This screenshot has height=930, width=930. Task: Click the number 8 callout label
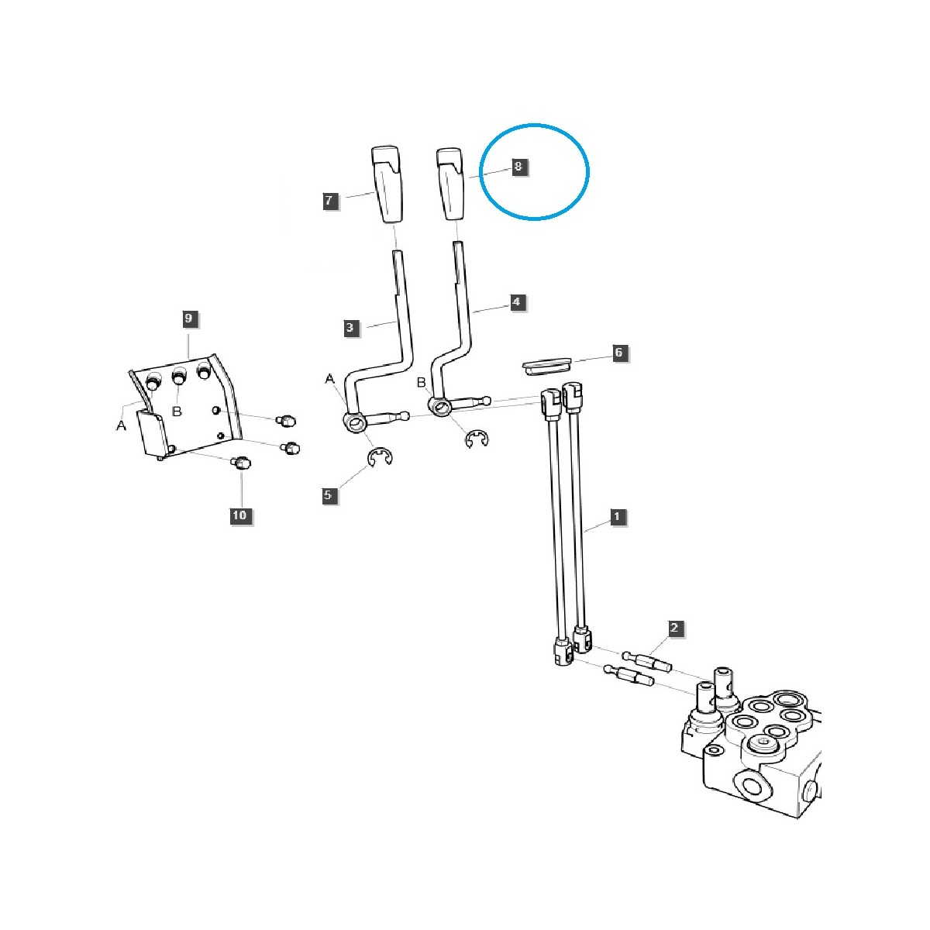[518, 167]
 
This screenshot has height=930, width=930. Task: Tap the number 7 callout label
[329, 201]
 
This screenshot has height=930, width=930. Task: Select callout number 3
[350, 328]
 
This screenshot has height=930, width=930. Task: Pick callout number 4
[517, 302]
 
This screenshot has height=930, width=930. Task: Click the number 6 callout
[618, 353]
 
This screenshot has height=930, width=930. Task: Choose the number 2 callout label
[674, 629]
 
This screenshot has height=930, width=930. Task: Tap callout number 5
[329, 494]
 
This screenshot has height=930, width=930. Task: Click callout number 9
[188, 318]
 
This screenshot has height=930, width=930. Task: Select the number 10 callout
[240, 515]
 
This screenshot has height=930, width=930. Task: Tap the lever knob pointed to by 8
[450, 184]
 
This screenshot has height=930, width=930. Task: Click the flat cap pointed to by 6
[546, 365]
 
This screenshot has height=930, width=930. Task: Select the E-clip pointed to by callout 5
[381, 459]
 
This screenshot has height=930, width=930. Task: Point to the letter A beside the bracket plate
[121, 426]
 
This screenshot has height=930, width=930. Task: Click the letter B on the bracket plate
[176, 412]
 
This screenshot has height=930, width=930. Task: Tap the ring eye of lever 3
[355, 421]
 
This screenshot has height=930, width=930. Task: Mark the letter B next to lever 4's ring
[422, 383]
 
